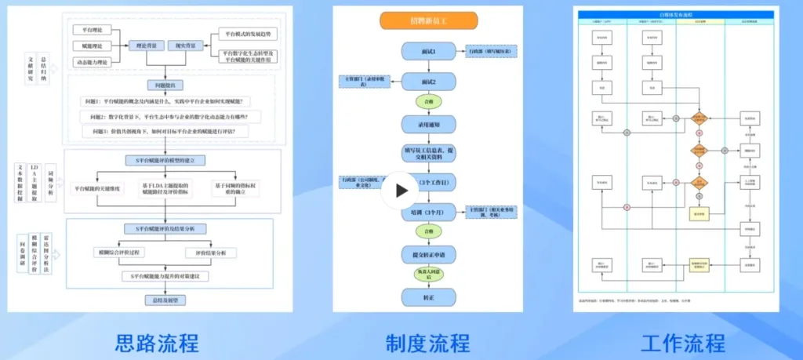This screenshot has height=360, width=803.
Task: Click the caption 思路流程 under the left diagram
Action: pyautogui.click(x=157, y=342)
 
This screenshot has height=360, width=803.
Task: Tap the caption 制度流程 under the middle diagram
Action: pyautogui.click(x=427, y=342)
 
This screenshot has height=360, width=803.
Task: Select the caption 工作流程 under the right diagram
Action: pyautogui.click(x=683, y=342)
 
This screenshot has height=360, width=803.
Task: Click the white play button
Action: pyautogui.click(x=400, y=190)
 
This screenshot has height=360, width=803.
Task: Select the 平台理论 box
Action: pyautogui.click(x=93, y=29)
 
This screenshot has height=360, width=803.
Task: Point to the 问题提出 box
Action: pyautogui.click(x=165, y=85)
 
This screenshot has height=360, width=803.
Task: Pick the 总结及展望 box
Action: pyautogui.click(x=166, y=300)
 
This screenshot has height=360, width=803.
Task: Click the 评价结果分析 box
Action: pyautogui.click(x=210, y=253)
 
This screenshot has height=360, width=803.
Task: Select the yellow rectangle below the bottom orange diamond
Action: pyautogui.click(x=698, y=213)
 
